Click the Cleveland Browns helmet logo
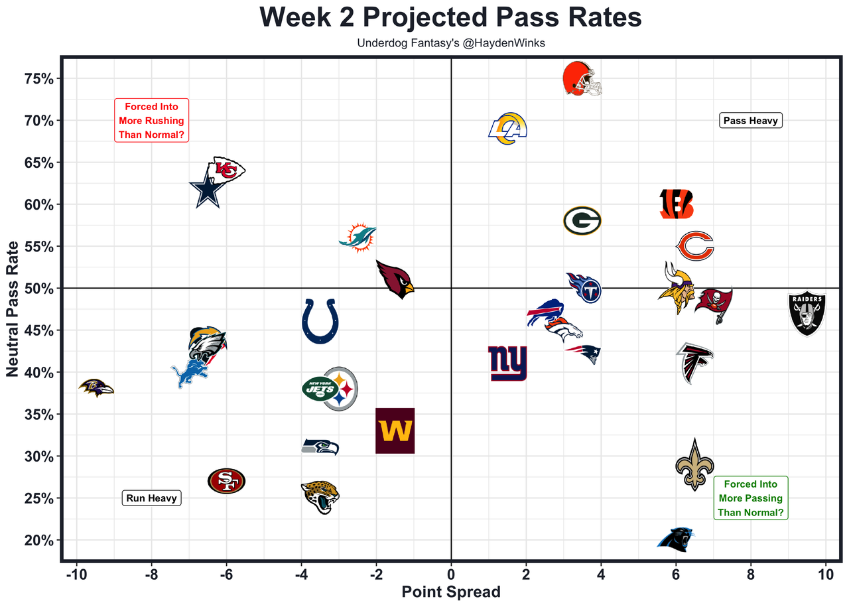click(x=582, y=78)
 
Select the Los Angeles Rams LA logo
click(x=507, y=129)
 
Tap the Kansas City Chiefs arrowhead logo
click(x=226, y=170)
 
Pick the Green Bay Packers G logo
click(x=582, y=221)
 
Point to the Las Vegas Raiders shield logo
click(x=807, y=313)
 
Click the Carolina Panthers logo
click(x=676, y=539)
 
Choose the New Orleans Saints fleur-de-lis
click(x=694, y=464)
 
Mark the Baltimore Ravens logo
click(x=96, y=387)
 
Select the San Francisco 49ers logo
click(x=226, y=481)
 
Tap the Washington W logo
click(x=395, y=431)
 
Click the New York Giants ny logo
click(x=507, y=364)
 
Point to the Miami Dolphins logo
click(x=358, y=237)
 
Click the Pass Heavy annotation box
click(x=751, y=121)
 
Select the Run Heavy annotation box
click(x=151, y=498)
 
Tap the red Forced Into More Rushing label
click(x=151, y=120)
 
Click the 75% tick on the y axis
click(x=38, y=79)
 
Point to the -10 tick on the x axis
click(x=76, y=574)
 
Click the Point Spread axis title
click(x=451, y=592)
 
